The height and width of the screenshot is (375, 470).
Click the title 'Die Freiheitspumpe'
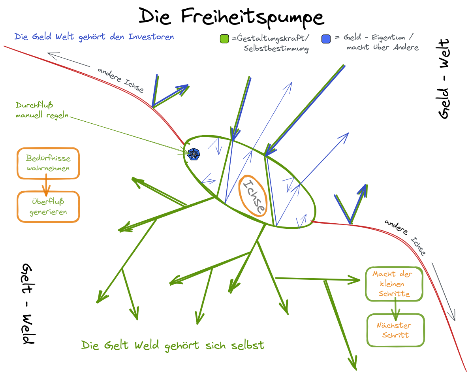231,17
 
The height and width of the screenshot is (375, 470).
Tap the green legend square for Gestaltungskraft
225,39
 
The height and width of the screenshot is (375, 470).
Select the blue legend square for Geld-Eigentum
326,39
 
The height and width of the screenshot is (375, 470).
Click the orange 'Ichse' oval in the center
253,196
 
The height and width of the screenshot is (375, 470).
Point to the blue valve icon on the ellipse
194,154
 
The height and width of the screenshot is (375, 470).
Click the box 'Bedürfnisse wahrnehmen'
48,163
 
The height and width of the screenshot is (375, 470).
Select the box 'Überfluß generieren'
48,207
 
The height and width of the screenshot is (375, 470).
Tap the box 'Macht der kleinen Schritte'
394,284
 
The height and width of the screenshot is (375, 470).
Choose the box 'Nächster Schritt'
396,330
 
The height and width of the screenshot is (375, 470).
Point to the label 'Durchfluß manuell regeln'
42,110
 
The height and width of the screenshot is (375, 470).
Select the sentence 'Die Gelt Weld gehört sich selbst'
173,345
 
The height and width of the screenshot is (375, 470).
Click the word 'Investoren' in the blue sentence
151,37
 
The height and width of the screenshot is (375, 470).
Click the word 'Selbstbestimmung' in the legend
276,49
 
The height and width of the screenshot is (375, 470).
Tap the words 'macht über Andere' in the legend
382,47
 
